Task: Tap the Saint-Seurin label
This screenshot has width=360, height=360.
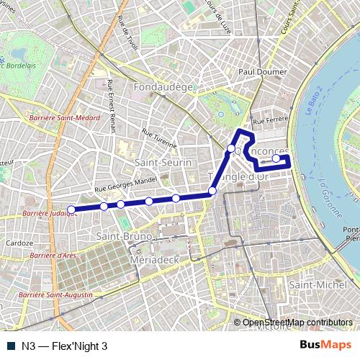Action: pyautogui.click(x=163, y=163)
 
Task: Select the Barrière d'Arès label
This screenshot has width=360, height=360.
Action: pyautogui.click(x=50, y=255)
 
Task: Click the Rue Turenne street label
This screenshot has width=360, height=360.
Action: pyautogui.click(x=158, y=138)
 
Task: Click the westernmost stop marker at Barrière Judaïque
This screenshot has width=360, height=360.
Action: pyautogui.click(x=71, y=210)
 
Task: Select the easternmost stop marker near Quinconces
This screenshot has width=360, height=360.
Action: pyautogui.click(x=276, y=158)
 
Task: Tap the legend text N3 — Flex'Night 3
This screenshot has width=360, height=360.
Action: pyautogui.click(x=64, y=346)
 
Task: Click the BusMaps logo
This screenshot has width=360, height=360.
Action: pyautogui.click(x=325, y=346)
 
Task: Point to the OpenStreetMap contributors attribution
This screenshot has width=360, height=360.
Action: pyautogui.click(x=297, y=323)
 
